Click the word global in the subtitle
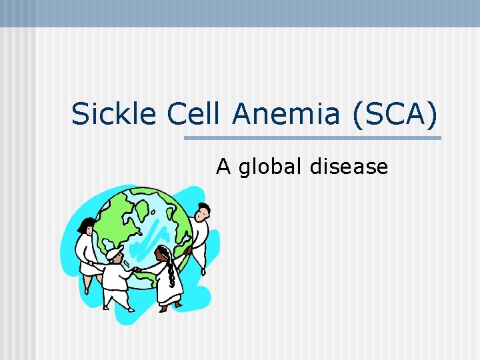(x=271, y=166)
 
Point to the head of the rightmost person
(x=203, y=212)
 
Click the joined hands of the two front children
(x=136, y=269)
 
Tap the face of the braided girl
(x=162, y=255)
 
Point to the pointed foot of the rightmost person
(x=203, y=271)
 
